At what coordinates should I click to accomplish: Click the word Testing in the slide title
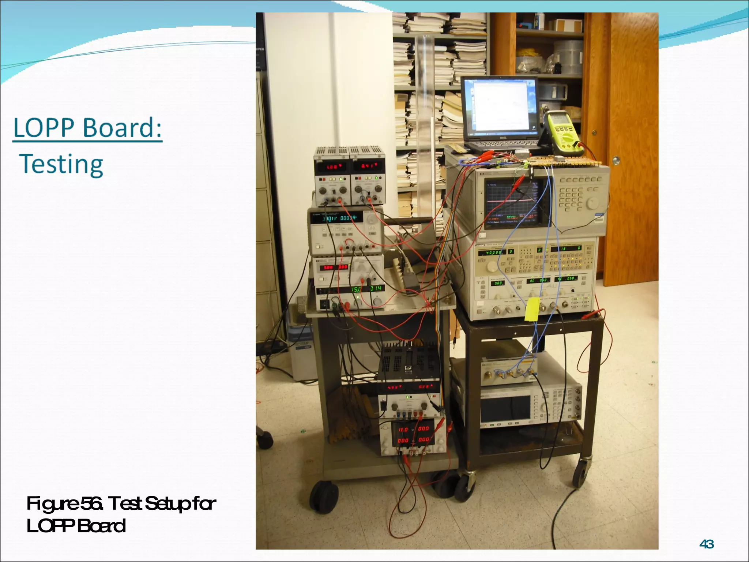pyautogui.click(x=61, y=164)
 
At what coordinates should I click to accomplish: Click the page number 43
pyautogui.click(x=706, y=544)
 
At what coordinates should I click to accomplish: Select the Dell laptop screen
pyautogui.click(x=500, y=106)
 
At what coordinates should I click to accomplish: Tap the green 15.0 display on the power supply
pyautogui.click(x=357, y=289)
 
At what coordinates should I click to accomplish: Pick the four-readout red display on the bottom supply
pyautogui.click(x=413, y=434)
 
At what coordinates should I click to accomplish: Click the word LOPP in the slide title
pyautogui.click(x=43, y=128)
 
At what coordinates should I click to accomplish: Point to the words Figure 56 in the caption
pyautogui.click(x=64, y=503)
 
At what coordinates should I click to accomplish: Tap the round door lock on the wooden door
pyautogui.click(x=616, y=160)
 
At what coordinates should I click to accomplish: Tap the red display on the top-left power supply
pyautogui.click(x=331, y=167)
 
